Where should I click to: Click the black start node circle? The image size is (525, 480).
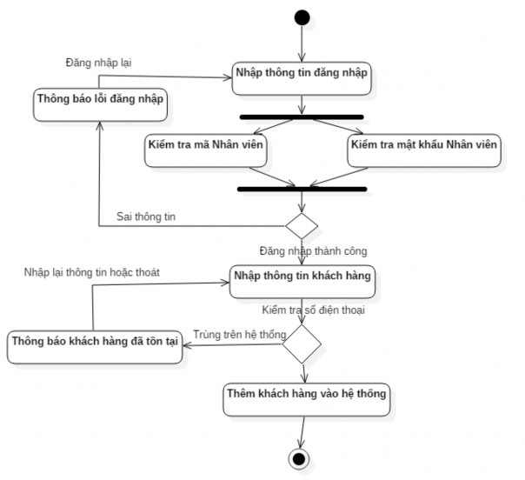pos(301,17)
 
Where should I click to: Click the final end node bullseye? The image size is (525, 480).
pos(301,458)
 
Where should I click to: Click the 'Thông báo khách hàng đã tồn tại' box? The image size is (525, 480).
pos(94,342)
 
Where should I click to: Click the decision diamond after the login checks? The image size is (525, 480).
pos(302,225)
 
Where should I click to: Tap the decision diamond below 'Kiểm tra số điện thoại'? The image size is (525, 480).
pos(302,343)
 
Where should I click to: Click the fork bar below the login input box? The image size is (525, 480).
pos(301,117)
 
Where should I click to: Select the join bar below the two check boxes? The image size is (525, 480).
pos(301,188)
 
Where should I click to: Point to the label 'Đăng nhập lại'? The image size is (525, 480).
pos(99,63)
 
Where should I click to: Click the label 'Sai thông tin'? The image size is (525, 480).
pos(146,217)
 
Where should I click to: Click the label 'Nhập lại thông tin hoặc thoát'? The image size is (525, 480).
pos(91,272)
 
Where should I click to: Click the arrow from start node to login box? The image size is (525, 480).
pos(301,43)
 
